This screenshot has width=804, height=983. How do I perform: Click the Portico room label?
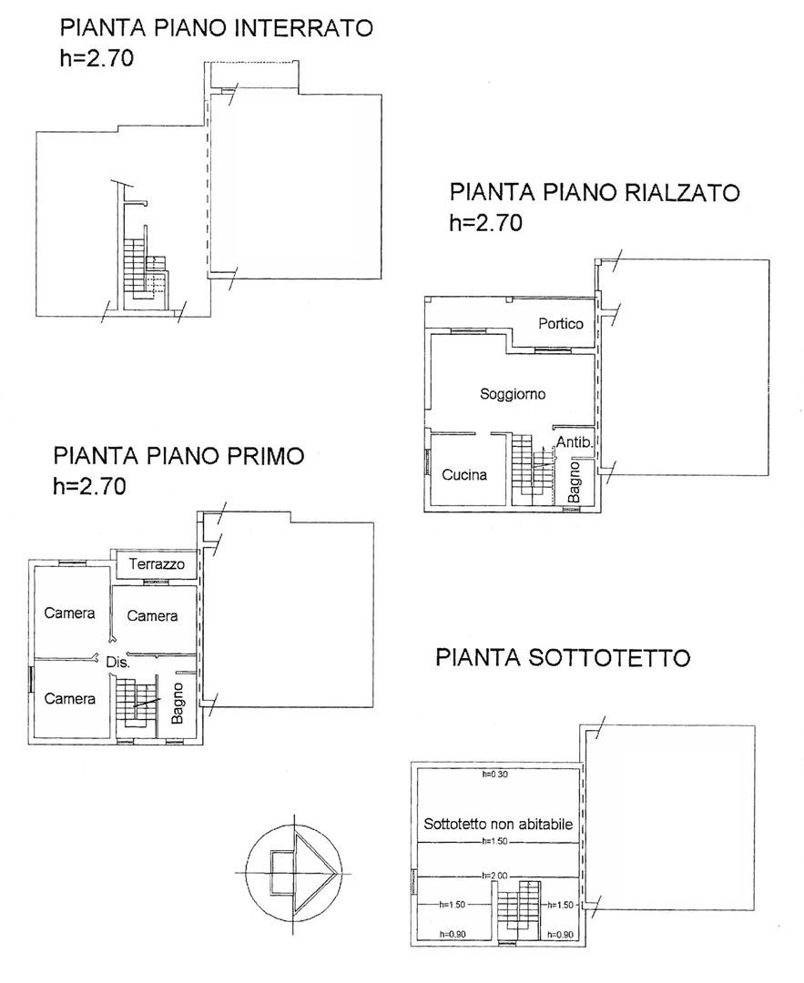561,323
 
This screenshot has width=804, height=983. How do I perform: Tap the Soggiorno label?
513,394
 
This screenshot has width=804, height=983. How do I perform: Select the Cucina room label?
464,474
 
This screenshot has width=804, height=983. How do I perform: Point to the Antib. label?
575,442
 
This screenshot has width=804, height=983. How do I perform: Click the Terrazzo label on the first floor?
157,563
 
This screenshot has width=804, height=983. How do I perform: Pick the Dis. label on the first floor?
117,662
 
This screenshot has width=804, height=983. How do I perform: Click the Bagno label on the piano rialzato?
574,482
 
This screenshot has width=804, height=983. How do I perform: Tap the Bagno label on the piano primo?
178,704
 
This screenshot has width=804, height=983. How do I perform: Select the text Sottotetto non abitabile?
498,824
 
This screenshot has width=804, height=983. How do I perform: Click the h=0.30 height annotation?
494,775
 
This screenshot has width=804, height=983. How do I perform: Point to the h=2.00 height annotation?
494,876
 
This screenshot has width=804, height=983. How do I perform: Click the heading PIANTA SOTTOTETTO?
563,658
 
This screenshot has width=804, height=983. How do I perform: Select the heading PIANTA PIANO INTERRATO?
217,28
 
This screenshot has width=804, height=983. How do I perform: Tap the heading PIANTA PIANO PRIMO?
178,455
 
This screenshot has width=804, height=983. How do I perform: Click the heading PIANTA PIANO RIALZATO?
595,192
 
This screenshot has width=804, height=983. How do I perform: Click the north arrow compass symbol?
294,873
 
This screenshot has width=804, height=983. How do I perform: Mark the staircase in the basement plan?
146,269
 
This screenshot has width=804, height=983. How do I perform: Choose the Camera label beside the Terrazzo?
152,615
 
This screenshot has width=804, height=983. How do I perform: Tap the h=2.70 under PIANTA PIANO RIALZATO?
486,223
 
